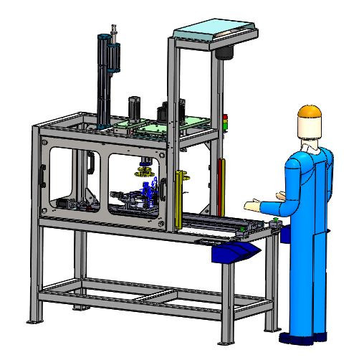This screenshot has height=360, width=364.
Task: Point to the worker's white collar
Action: tap(308, 146)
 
